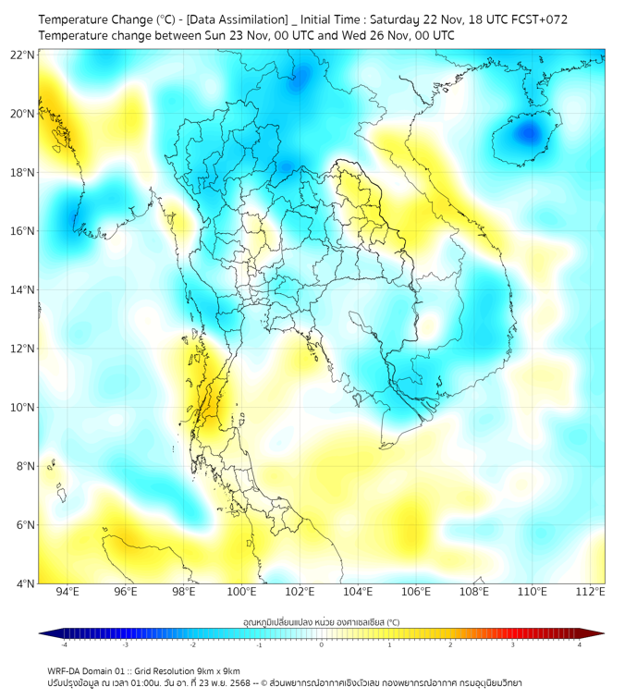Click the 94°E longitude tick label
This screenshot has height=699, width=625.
coord(67,592)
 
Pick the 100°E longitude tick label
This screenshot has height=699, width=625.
coord(242,592)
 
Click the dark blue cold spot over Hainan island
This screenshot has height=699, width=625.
coord(528,133)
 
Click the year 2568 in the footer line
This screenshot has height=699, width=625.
coord(251,682)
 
